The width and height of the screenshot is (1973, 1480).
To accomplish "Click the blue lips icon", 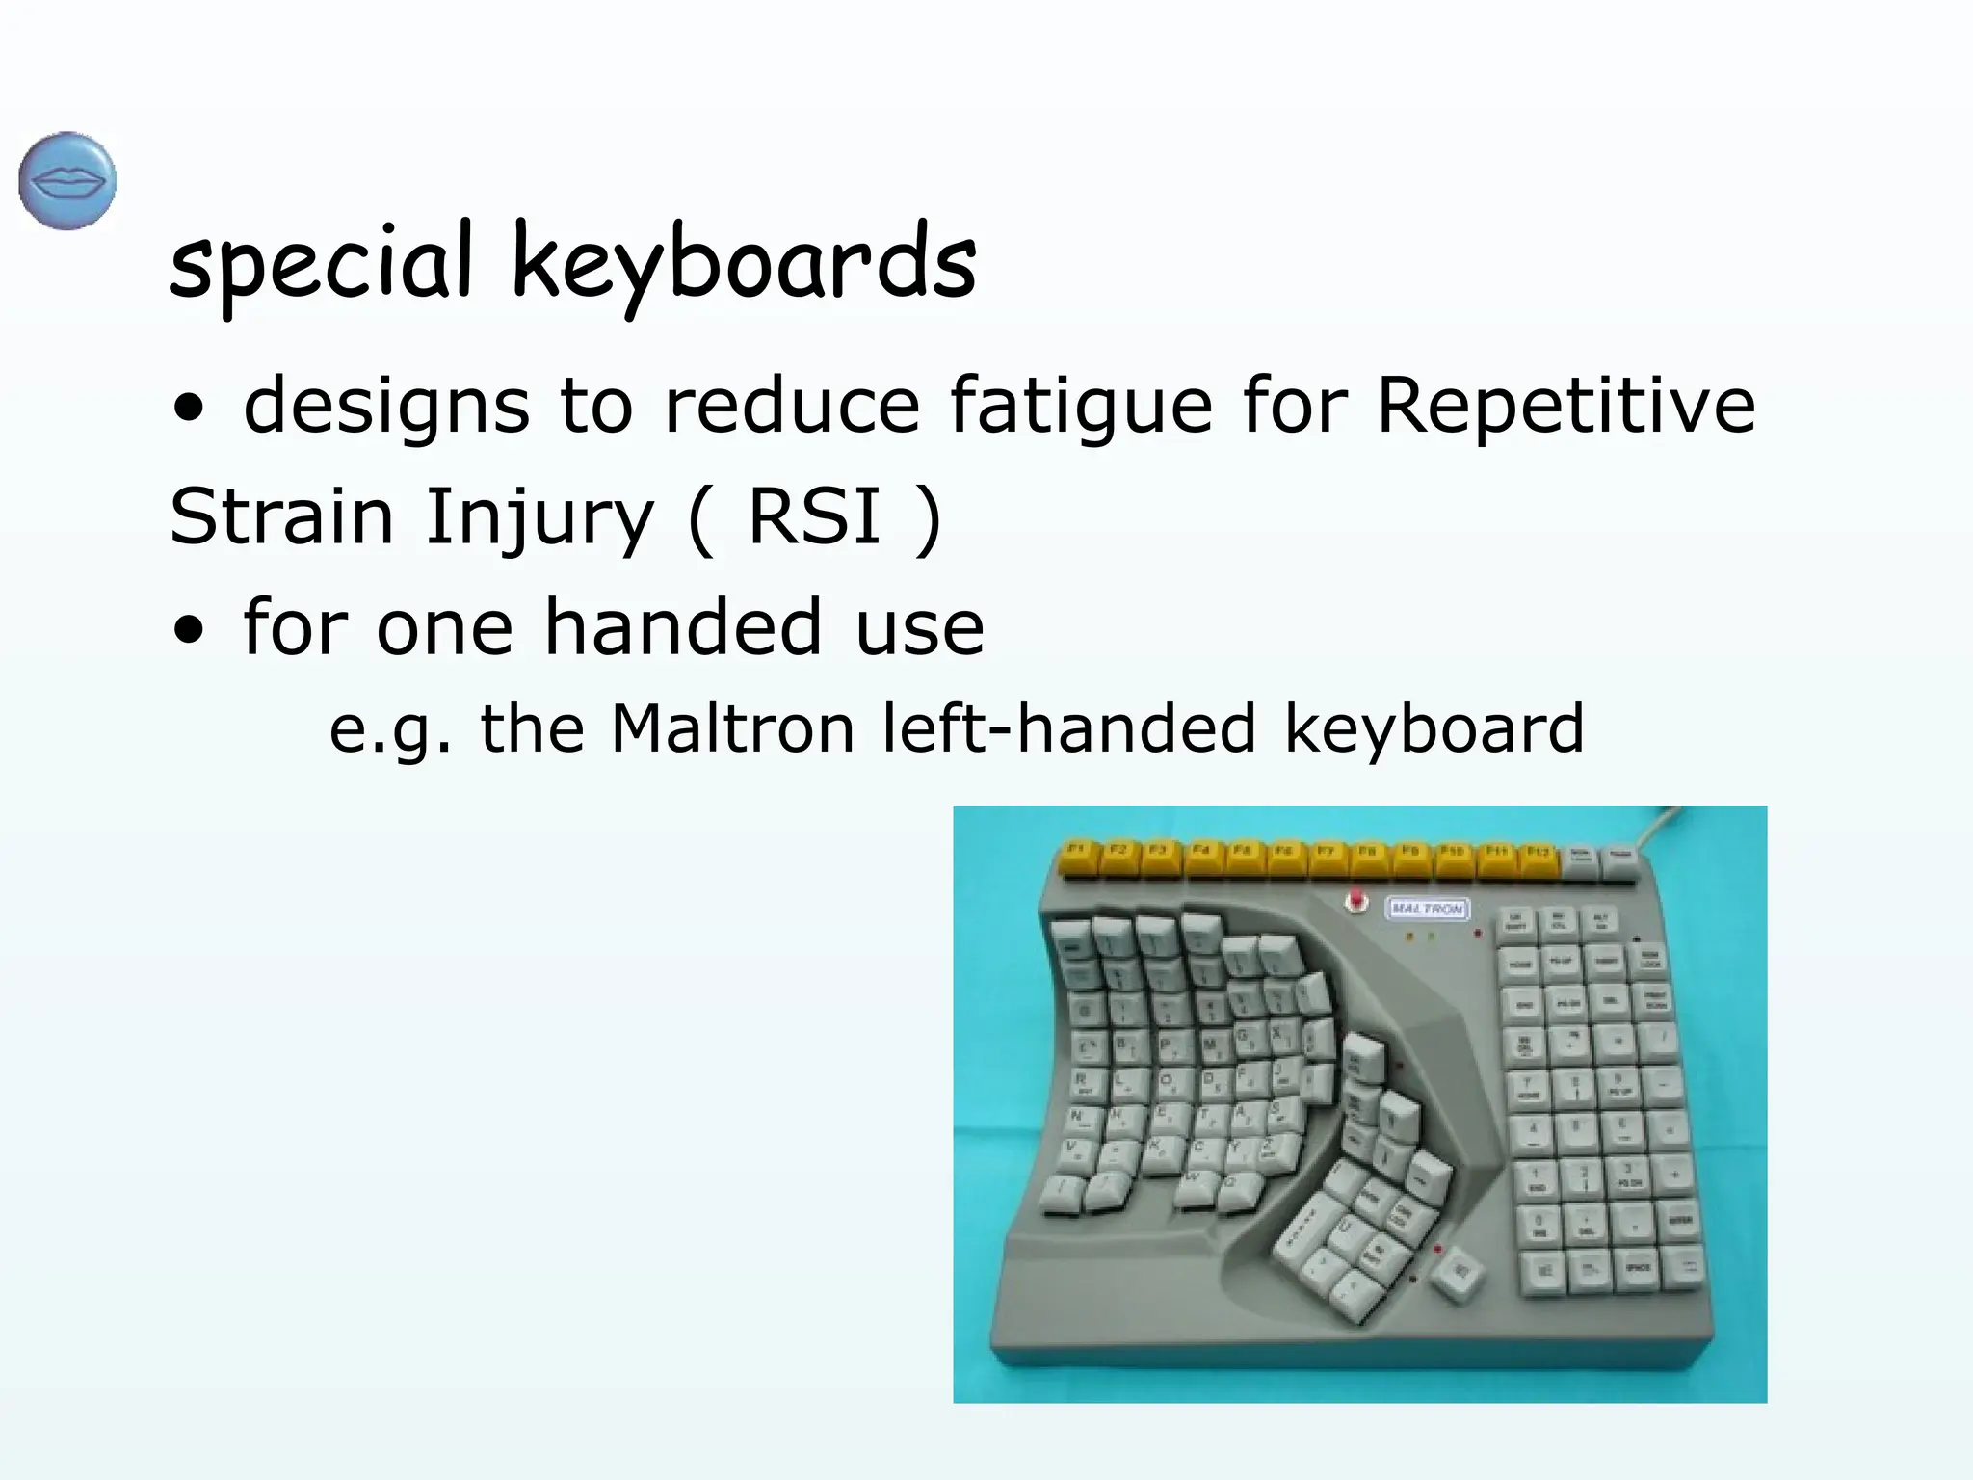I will [x=67, y=181].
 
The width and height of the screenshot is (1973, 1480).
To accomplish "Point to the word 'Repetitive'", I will [x=1565, y=405].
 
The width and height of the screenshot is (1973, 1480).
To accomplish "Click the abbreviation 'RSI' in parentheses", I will [x=814, y=515].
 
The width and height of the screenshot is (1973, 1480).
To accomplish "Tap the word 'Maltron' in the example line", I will [x=733, y=728].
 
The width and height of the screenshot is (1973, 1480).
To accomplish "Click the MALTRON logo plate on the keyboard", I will [x=1427, y=909].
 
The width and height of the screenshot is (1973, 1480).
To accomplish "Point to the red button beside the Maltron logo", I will [x=1357, y=901].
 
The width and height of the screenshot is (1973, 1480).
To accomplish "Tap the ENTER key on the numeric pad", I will [x=1679, y=1222].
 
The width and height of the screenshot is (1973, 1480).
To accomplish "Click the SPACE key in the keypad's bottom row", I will [x=1638, y=1270].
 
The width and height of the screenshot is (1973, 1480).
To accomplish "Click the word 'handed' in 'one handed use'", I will [x=682, y=627].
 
